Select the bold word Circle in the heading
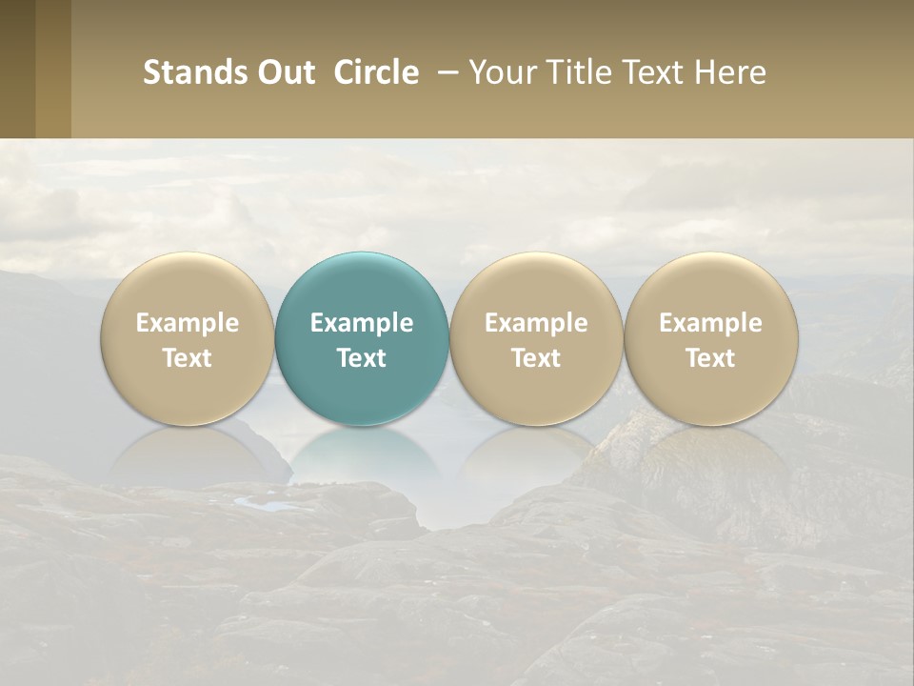(x=376, y=72)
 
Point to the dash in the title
(x=445, y=72)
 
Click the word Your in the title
(x=499, y=72)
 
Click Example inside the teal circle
(x=362, y=323)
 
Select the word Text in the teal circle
(x=362, y=358)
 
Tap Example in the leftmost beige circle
(x=188, y=323)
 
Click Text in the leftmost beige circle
(x=188, y=358)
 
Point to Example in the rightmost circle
(x=710, y=323)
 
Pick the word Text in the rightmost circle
(x=710, y=358)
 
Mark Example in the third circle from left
(x=536, y=323)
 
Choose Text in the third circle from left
(x=536, y=358)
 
